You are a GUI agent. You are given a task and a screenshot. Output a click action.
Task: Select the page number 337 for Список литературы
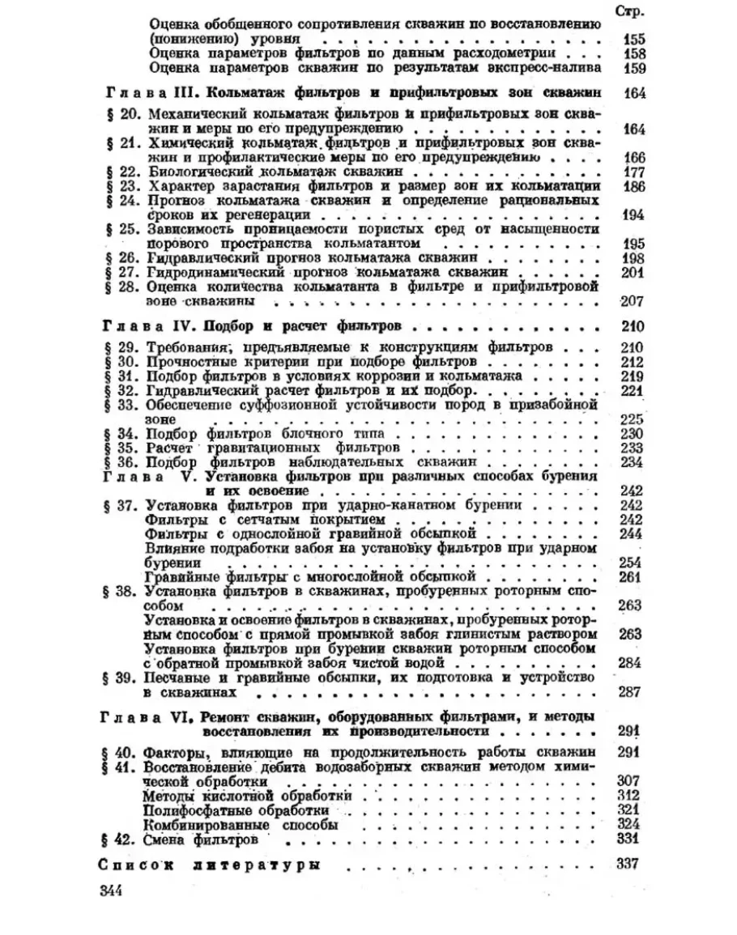pos(628,863)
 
